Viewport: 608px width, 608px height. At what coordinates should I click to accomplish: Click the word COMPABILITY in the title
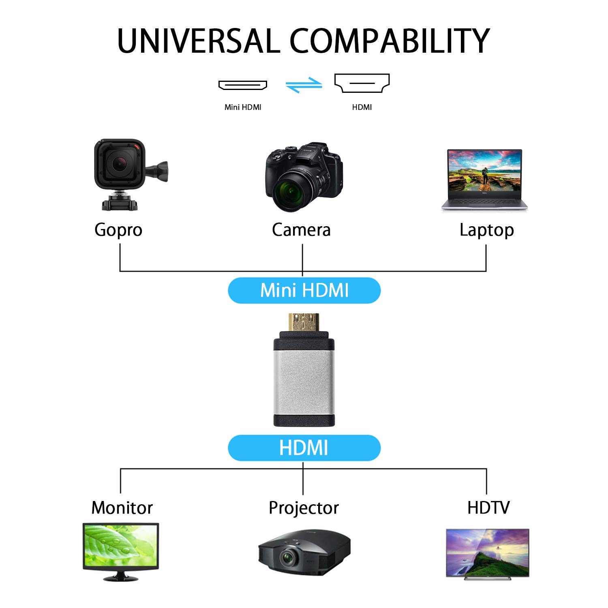(390, 41)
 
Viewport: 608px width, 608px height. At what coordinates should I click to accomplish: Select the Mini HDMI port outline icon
(243, 85)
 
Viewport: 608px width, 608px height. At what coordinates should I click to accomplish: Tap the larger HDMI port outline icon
(362, 83)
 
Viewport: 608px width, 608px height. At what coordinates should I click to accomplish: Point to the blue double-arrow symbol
(304, 85)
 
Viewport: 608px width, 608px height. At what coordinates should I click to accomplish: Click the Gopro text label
(118, 230)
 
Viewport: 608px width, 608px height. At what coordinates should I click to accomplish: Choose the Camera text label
(301, 230)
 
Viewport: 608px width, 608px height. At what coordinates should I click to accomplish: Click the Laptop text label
(487, 230)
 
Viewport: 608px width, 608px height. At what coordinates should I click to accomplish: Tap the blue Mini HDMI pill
(304, 290)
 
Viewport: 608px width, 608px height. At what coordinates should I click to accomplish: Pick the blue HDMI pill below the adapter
(304, 448)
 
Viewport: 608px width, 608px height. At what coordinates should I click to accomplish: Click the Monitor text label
(122, 507)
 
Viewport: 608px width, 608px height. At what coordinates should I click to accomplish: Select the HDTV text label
(488, 507)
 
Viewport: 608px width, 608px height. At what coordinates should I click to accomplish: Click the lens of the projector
(289, 558)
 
